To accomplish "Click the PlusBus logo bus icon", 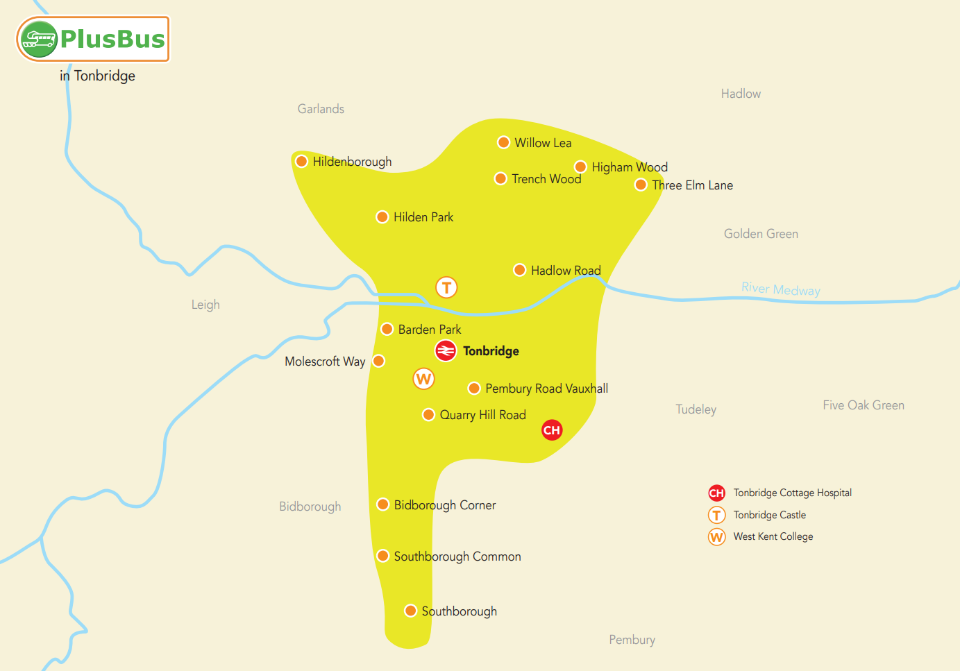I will (37, 39).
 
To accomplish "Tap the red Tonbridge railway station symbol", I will (446, 351).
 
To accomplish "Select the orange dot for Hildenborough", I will (302, 162).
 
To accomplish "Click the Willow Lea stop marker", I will (504, 143).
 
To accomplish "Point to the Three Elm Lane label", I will (692, 185).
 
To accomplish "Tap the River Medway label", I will (780, 289).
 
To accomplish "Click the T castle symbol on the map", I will (446, 287).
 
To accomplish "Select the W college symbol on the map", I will (423, 379).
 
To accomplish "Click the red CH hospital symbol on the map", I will (552, 430).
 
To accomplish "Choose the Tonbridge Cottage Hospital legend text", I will (792, 493).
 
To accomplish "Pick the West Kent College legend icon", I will (717, 537).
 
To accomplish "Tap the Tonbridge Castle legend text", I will (769, 515).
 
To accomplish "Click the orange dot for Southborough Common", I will (382, 556).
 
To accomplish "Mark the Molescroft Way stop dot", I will (379, 361).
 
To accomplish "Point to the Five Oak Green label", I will (863, 405).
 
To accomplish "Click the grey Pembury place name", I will (632, 640).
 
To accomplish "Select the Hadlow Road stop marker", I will (519, 270).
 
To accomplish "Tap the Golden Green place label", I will (761, 234).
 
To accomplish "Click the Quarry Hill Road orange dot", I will (429, 415).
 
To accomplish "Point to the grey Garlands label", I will (321, 109).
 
